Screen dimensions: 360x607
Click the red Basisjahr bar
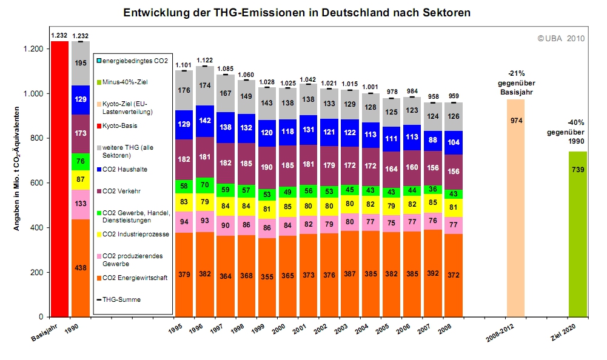pyautogui.click(x=59, y=179)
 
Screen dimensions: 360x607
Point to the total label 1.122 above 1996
pyautogui.click(x=204, y=60)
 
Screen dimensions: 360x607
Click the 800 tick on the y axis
pyautogui.click(x=34, y=138)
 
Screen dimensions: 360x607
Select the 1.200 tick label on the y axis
pyautogui.click(x=30, y=49)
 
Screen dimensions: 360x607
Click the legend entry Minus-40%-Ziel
pyautogui.click(x=125, y=81)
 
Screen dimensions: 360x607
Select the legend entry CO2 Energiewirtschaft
pyautogui.click(x=133, y=278)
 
